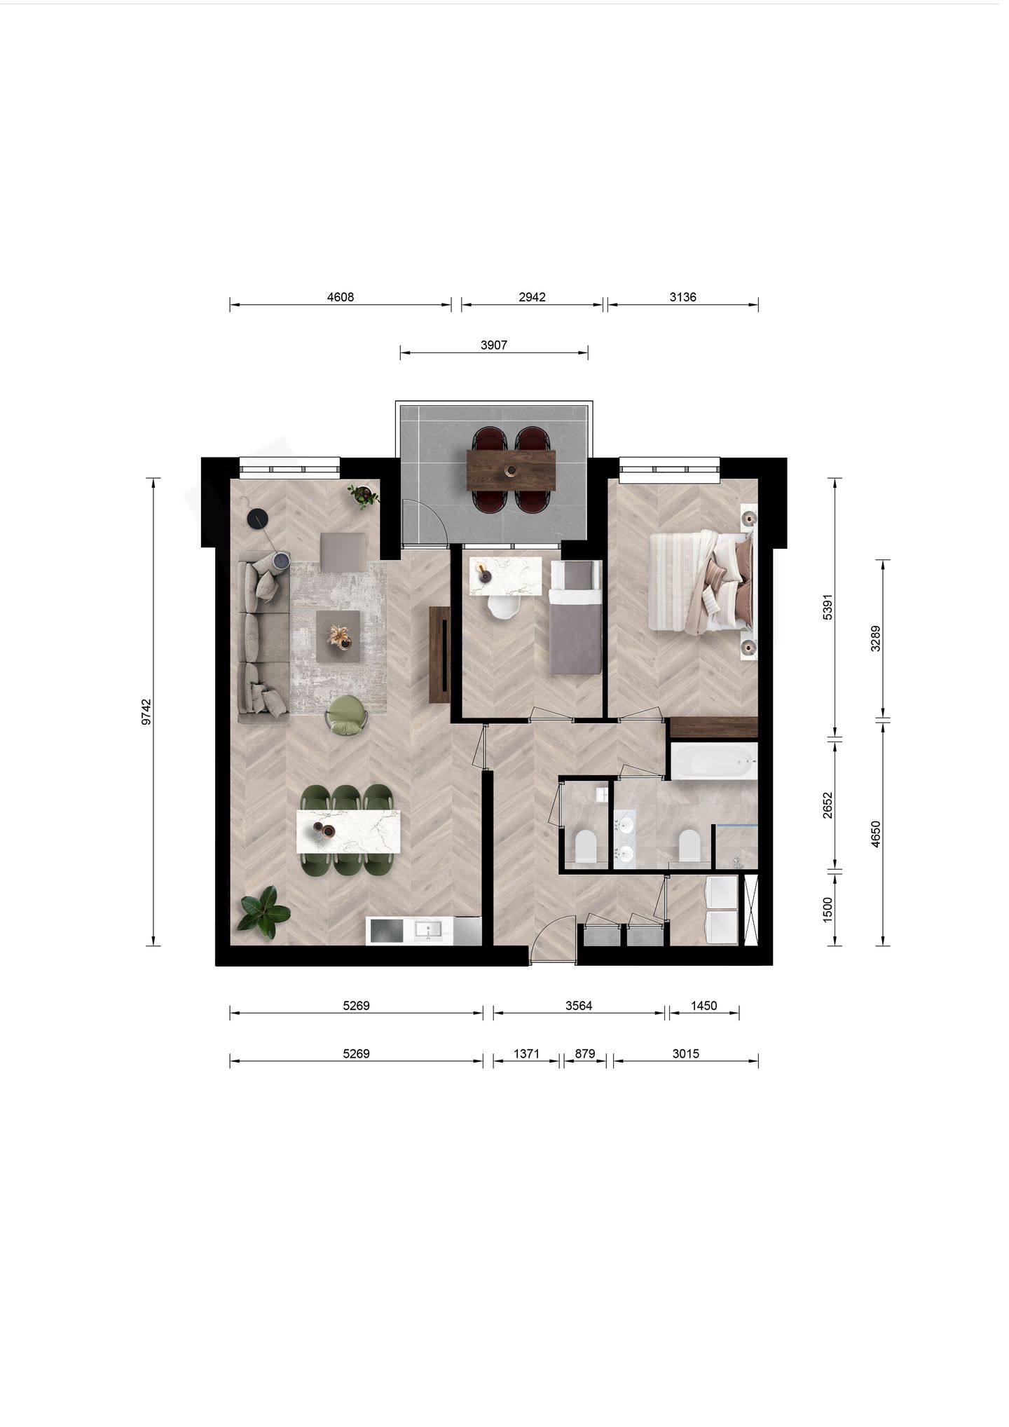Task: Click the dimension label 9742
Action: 146,711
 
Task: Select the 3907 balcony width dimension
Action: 494,345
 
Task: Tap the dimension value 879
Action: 584,1053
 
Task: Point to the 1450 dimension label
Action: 703,1006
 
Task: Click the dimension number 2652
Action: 828,805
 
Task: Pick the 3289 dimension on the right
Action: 875,639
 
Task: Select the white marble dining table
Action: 348,831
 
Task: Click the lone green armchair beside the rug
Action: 346,715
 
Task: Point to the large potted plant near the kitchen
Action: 264,913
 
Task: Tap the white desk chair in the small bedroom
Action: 504,608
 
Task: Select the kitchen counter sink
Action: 427,930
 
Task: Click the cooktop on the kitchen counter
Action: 386,931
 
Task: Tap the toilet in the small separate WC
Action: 584,847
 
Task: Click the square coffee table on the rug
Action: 338,636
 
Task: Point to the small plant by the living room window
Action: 364,496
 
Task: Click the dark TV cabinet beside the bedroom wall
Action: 439,655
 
